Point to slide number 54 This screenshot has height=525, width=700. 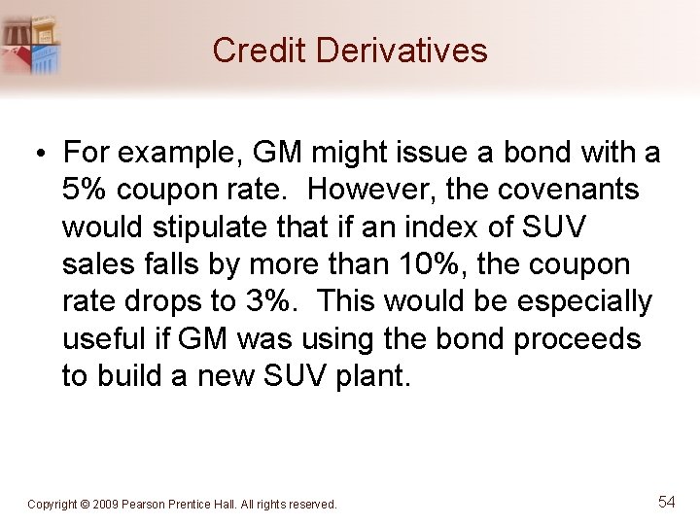click(666, 502)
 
